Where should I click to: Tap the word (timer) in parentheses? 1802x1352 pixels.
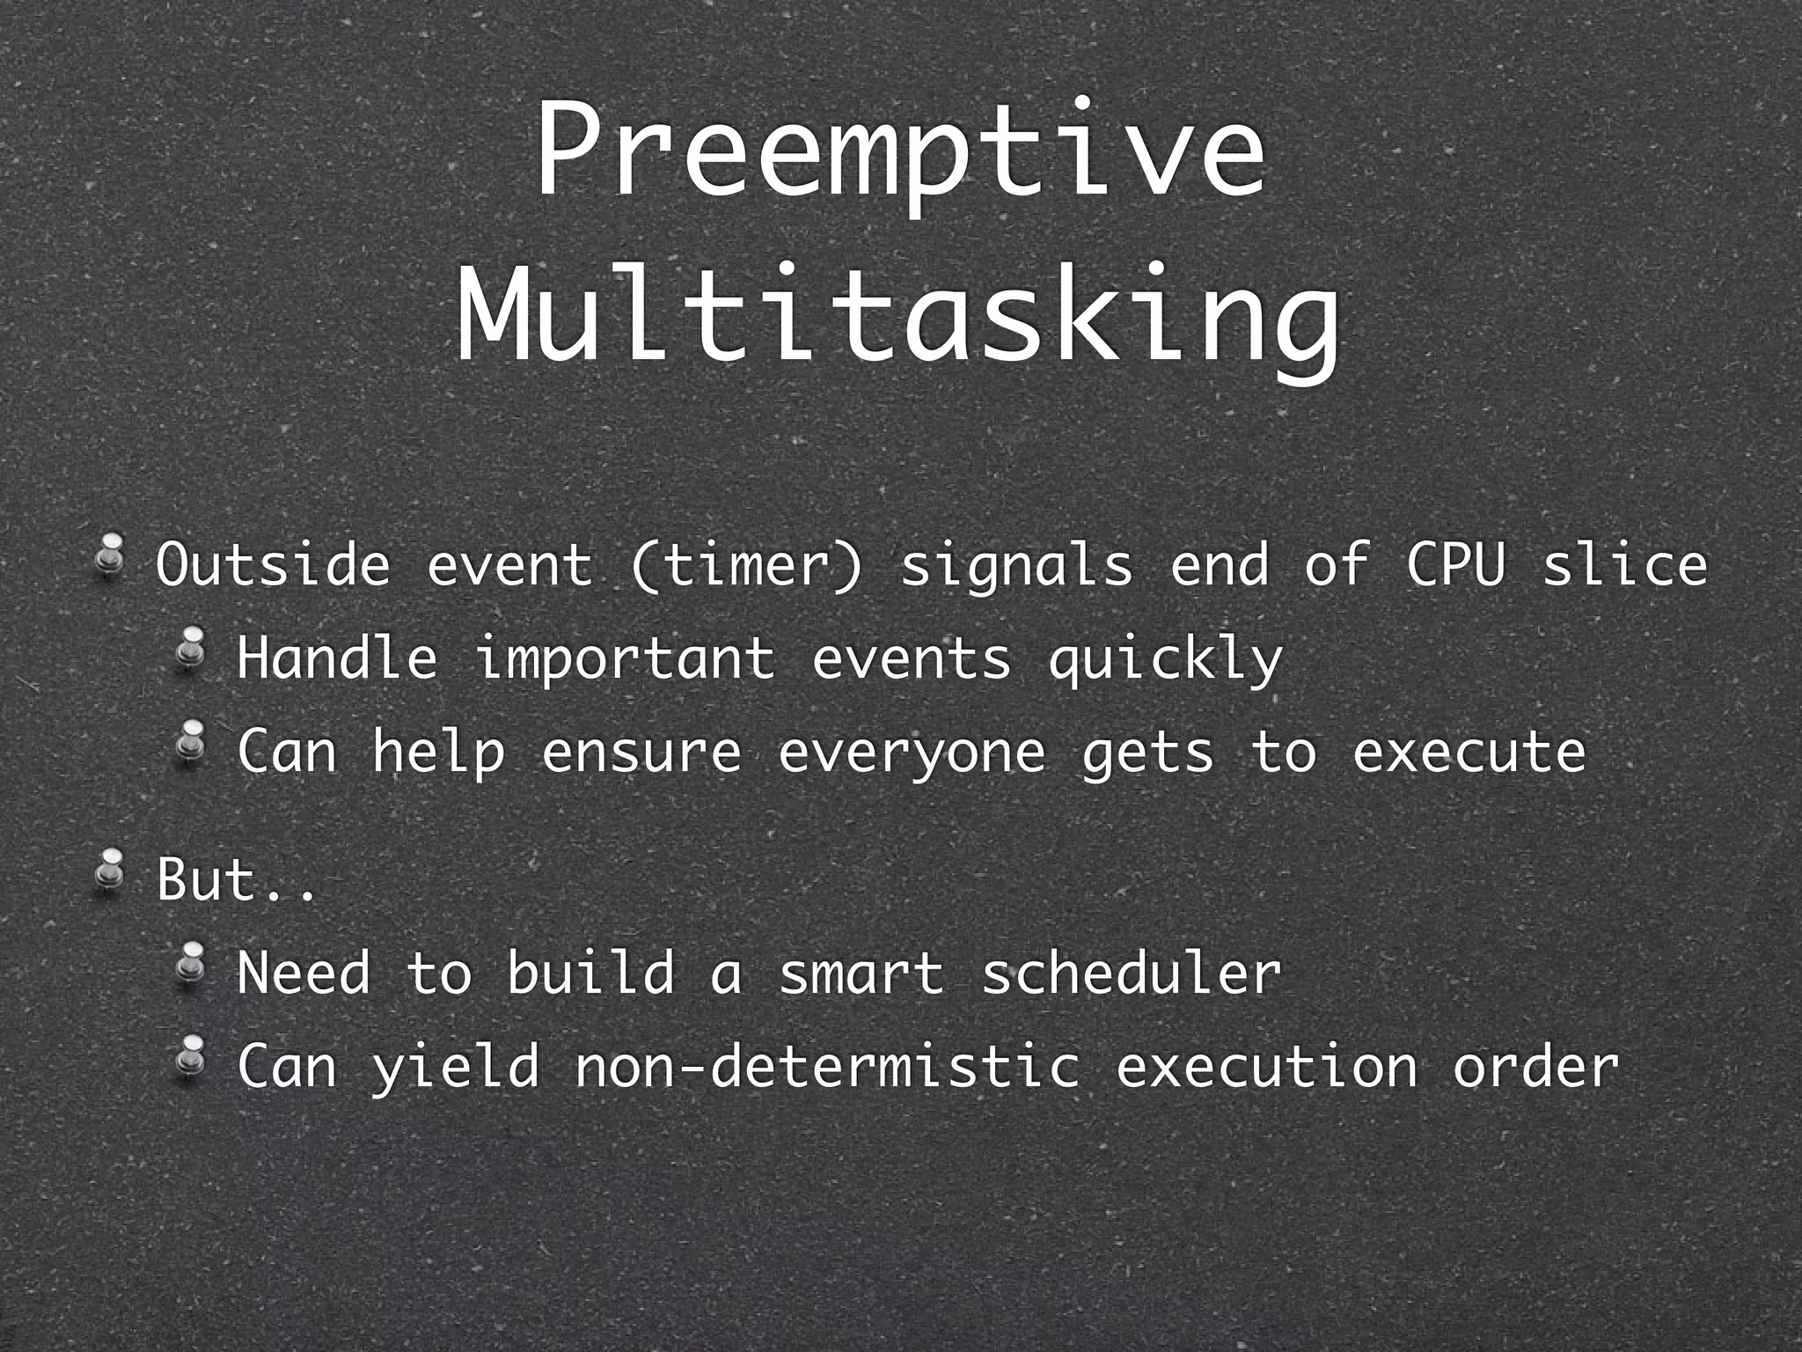(746, 565)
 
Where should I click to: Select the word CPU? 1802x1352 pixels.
(1455, 565)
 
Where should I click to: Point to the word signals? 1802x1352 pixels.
(1017, 565)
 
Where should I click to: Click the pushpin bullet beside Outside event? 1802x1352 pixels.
(110, 556)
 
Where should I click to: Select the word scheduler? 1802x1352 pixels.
(1132, 974)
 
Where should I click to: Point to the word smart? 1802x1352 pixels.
(861, 974)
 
